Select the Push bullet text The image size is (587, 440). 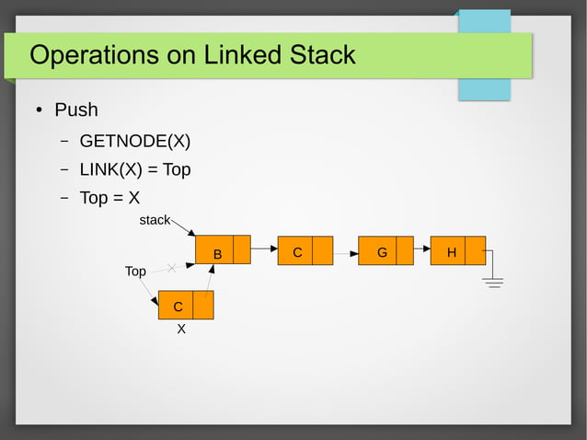pos(76,110)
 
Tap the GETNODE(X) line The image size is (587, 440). pos(135,141)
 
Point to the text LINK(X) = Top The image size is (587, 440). pos(135,170)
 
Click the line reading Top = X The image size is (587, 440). pos(109,198)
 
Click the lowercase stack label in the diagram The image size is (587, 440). pos(154,220)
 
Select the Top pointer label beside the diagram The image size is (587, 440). pos(135,272)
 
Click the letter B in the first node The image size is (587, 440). pos(217,254)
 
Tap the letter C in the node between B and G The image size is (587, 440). pos(297,251)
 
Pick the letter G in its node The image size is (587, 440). pos(381,251)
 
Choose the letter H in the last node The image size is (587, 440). pos(451,251)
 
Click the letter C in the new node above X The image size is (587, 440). pos(178,306)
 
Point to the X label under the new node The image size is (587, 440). pos(181,329)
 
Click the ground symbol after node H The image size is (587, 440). pos(494,281)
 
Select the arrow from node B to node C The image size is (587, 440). pos(264,249)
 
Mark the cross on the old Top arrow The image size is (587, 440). pos(172,268)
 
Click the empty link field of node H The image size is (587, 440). pos(475,250)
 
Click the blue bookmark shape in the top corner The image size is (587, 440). pos(485,55)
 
